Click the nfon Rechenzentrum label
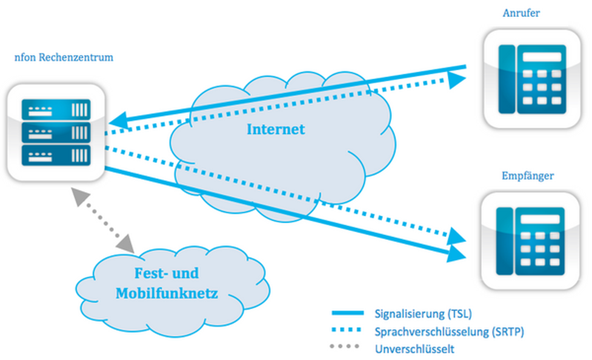[64, 58]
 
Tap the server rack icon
[56, 133]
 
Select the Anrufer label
[521, 13]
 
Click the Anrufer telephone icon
[531, 79]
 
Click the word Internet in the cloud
[276, 129]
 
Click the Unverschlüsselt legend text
[414, 349]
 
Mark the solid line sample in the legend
[348, 313]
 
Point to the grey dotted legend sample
[348, 348]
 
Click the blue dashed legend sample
[348, 331]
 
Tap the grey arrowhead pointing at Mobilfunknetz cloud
[125, 244]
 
